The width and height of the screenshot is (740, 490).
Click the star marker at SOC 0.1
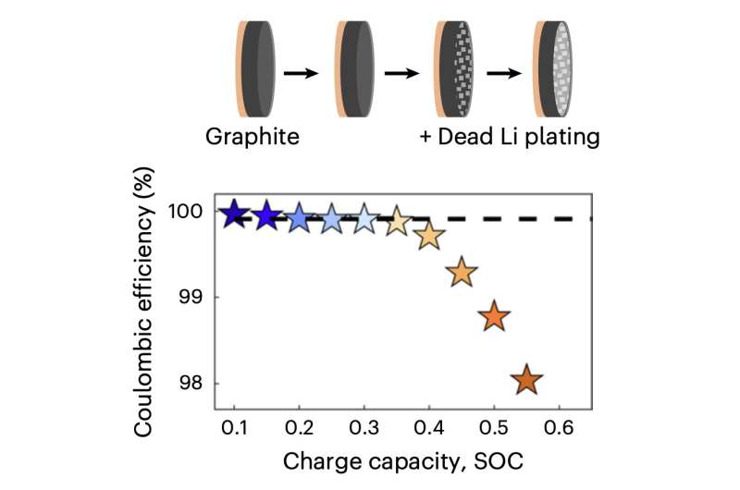[235, 214]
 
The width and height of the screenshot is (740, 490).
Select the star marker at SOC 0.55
[527, 380]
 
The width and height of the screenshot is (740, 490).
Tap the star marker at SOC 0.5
[495, 316]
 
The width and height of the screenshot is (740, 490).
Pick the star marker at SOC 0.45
[462, 273]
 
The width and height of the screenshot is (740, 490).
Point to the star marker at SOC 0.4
[429, 237]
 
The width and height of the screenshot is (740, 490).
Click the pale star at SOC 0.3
[364, 219]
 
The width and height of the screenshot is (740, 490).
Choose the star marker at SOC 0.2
[299, 218]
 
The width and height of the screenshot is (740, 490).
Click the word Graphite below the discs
[252, 138]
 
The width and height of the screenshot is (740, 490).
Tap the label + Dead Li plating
[507, 138]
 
